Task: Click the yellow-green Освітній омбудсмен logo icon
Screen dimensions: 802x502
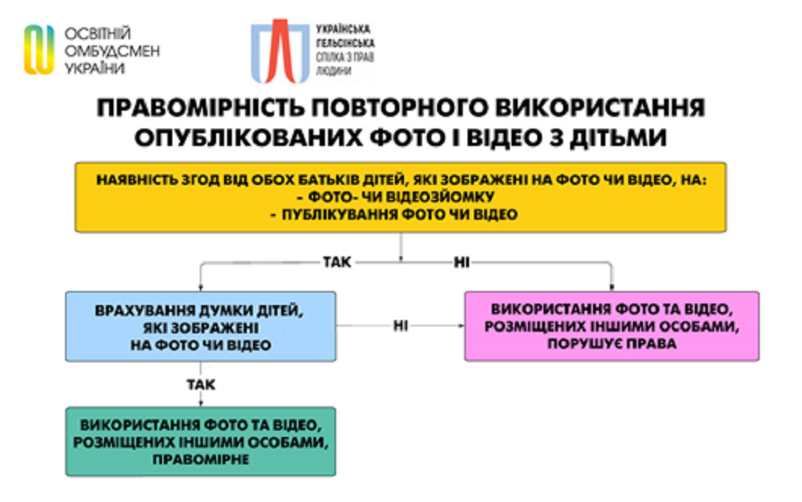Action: [x=39, y=49]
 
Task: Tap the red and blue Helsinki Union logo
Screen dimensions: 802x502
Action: [x=280, y=51]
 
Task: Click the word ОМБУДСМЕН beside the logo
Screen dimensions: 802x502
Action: [x=112, y=51]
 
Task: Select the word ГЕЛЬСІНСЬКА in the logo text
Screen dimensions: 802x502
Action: [x=345, y=43]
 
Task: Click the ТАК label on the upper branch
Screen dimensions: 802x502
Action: [x=337, y=262]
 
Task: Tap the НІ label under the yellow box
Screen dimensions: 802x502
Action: [x=461, y=263]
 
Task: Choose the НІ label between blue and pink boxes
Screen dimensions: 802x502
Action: [x=400, y=326]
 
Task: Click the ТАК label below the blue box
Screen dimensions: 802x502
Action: [x=200, y=384]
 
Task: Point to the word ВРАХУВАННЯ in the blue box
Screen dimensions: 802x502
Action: [x=144, y=311]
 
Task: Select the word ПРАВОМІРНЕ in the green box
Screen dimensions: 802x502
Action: [x=200, y=459]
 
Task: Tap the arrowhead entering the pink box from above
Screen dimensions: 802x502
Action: [x=612, y=287]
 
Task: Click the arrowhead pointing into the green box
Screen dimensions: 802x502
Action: [x=200, y=403]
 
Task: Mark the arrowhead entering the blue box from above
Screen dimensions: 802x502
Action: [x=200, y=287]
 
